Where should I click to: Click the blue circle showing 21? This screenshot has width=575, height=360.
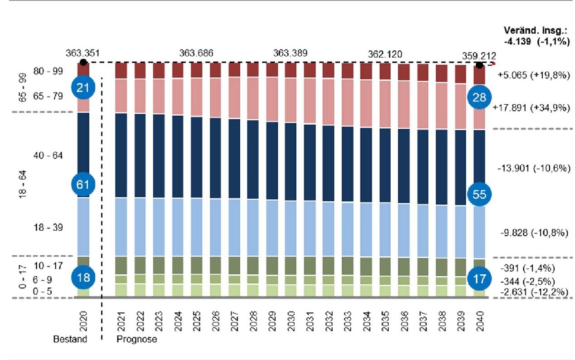tap(82, 88)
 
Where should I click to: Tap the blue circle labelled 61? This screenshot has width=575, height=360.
tap(82, 184)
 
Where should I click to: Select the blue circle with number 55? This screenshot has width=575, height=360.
tap(479, 194)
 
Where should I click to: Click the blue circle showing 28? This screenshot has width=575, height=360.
tap(479, 97)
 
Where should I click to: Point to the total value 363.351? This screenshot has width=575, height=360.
tap(82, 52)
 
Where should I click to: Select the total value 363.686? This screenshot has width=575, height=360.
tap(196, 53)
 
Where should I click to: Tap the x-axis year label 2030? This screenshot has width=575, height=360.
tap(291, 320)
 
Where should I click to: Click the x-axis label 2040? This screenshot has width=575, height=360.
tap(479, 320)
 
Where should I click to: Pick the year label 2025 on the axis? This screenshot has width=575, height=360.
tap(196, 320)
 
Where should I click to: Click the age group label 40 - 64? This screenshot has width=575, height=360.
tap(48, 156)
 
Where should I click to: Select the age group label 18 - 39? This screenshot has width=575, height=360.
tap(48, 228)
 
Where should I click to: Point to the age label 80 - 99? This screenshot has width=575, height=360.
tap(48, 71)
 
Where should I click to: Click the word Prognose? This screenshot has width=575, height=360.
tap(137, 339)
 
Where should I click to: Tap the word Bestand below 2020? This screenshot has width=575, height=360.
tap(70, 339)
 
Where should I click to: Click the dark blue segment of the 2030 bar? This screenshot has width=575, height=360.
tap(291, 161)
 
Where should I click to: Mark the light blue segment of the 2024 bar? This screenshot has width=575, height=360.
tap(178, 227)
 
